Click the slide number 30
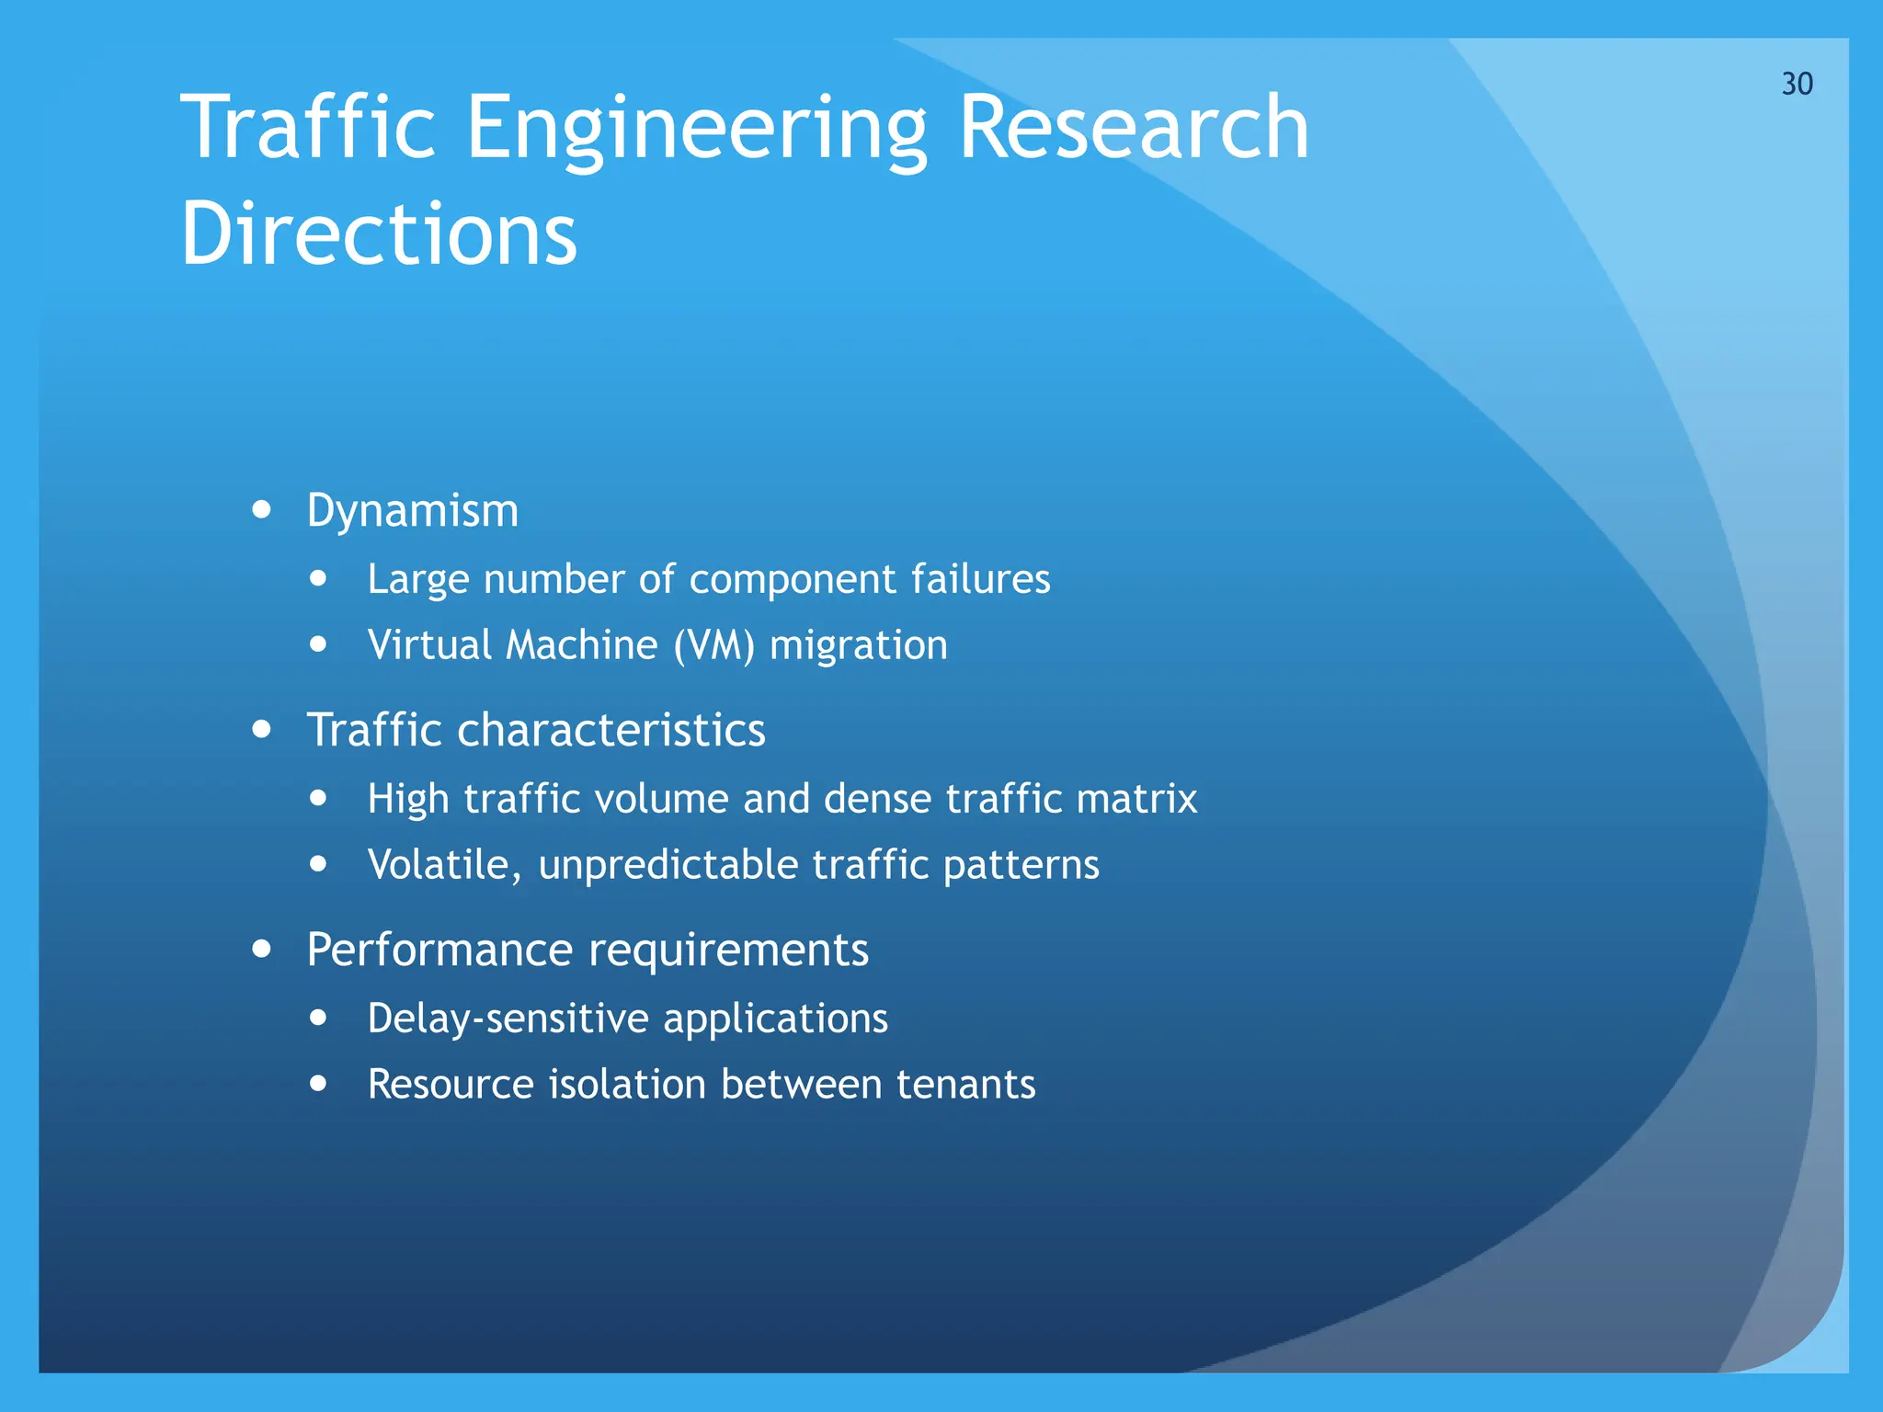click(x=1797, y=84)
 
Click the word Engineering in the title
click(x=696, y=129)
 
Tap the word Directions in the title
click(x=379, y=234)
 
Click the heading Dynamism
click(x=412, y=511)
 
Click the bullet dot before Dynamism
click(x=262, y=509)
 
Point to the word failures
click(x=980, y=579)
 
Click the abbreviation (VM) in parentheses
click(x=713, y=645)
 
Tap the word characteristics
click(x=611, y=731)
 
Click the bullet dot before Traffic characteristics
click(x=262, y=729)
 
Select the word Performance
click(x=440, y=950)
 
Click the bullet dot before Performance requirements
click(x=262, y=949)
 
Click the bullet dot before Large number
click(x=318, y=578)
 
